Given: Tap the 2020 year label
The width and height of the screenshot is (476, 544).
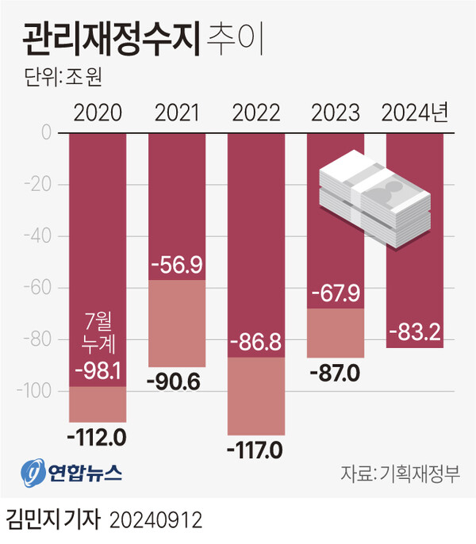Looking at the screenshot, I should pos(98,113).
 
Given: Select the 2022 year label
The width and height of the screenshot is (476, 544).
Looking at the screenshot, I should pos(256,113).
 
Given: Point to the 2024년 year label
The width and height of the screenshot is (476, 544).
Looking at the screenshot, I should pos(415,113).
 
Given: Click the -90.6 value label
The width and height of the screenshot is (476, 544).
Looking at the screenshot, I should pos(177,381).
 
